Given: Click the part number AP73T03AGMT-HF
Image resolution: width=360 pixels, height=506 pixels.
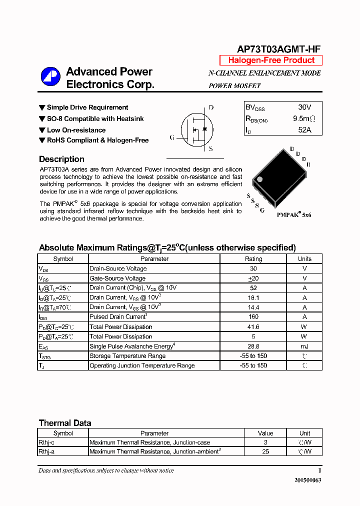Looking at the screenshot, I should [278, 48].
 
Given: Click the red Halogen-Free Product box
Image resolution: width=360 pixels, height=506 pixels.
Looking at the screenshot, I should [271, 60].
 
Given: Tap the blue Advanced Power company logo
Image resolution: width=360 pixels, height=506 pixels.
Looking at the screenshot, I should [50, 77].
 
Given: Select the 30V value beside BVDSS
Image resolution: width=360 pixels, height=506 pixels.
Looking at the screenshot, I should [304, 107].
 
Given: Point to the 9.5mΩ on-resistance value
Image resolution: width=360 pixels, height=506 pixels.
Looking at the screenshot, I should [304, 119].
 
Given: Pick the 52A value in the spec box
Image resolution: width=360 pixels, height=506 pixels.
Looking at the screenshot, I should [305, 130].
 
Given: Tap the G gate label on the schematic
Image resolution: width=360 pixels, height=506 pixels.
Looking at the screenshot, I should [172, 137].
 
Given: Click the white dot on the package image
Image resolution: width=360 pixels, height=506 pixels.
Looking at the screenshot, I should [259, 179].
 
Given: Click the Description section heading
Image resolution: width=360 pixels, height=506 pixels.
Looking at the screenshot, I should [61, 159].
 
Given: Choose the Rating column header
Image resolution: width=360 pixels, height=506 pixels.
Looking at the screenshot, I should [253, 259].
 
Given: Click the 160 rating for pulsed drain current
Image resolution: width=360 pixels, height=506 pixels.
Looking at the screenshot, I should [253, 317].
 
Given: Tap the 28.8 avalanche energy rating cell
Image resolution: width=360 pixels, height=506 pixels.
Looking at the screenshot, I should [253, 346].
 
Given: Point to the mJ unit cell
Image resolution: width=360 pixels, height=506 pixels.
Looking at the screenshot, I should [304, 346].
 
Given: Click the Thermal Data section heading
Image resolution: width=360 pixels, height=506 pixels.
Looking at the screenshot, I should [65, 423].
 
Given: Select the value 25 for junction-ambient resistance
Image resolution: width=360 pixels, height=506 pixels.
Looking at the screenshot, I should [265, 451].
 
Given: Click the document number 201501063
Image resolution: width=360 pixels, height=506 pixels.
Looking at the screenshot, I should [305, 480].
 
